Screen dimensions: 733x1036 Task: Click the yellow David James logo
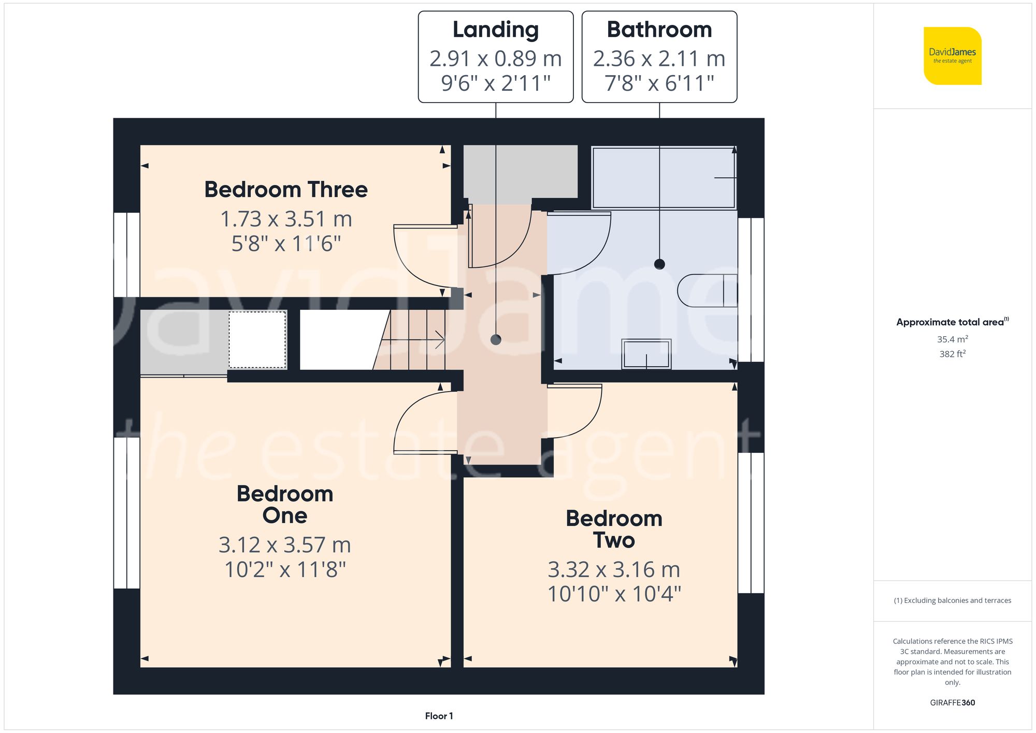pyautogui.click(x=952, y=56)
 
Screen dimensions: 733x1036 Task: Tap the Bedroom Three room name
pyautogui.click(x=286, y=190)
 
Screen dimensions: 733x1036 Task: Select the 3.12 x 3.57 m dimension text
pyautogui.click(x=285, y=545)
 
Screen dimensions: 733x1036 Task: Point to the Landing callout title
pyautogui.click(x=496, y=30)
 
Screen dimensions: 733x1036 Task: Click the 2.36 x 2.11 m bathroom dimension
pyautogui.click(x=659, y=59)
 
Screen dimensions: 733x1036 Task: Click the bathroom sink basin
pyautogui.click(x=646, y=354)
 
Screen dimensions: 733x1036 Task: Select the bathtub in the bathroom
pyautogui.click(x=663, y=178)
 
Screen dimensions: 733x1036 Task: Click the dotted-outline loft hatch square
pyautogui.click(x=257, y=340)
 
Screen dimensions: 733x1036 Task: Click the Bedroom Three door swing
pyautogui.click(x=422, y=256)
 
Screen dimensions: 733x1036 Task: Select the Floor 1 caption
pyautogui.click(x=439, y=716)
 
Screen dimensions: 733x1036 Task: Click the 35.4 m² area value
pyautogui.click(x=952, y=339)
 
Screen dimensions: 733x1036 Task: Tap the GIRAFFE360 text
pyautogui.click(x=952, y=702)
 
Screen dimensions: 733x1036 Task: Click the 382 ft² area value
pyautogui.click(x=952, y=354)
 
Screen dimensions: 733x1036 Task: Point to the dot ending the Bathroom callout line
pyautogui.click(x=659, y=264)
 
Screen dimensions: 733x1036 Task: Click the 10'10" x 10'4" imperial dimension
pyautogui.click(x=614, y=594)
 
